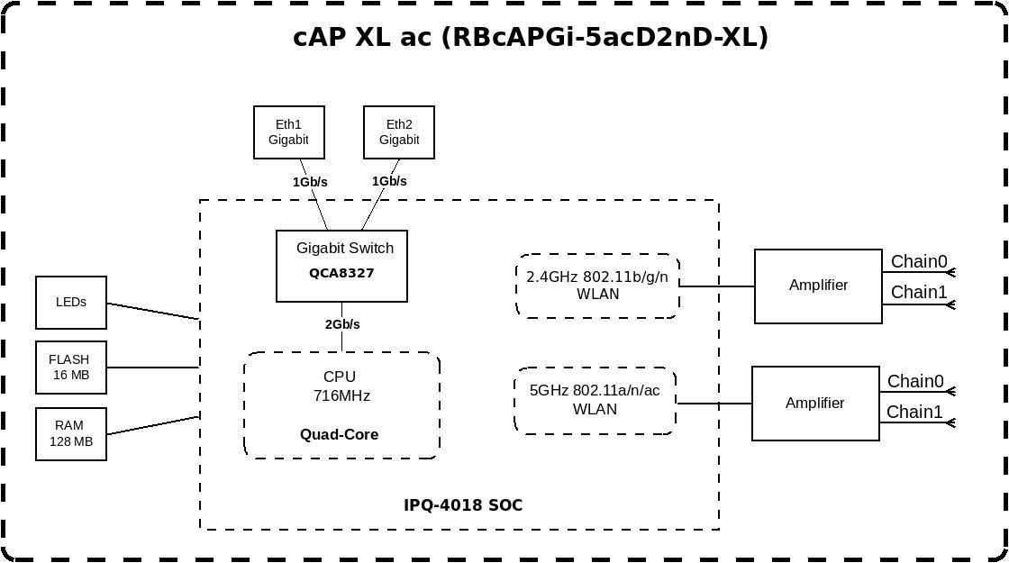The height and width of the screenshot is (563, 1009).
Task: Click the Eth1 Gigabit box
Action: click(x=288, y=132)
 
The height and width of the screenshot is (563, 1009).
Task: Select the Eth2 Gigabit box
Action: click(x=398, y=132)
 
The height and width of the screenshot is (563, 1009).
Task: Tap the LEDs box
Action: click(x=71, y=302)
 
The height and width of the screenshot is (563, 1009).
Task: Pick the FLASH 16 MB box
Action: click(x=71, y=367)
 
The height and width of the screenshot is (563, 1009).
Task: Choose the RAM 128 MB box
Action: click(x=71, y=433)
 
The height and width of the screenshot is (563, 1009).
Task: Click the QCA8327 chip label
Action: click(x=341, y=271)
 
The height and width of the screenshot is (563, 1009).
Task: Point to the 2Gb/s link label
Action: click(x=342, y=324)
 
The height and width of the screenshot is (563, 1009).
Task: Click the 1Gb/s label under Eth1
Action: click(x=310, y=182)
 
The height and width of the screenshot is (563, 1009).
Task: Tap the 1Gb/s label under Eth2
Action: click(x=389, y=181)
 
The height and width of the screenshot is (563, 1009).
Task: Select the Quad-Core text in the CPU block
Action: click(x=339, y=434)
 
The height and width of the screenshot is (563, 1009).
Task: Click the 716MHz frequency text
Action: click(x=341, y=395)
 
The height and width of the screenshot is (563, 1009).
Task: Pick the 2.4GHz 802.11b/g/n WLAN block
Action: click(x=597, y=285)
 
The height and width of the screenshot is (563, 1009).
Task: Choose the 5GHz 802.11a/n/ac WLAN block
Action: click(x=595, y=400)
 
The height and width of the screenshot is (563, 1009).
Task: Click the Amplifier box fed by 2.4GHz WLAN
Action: click(x=818, y=286)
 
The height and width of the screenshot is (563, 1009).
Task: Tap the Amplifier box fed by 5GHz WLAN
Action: click(x=814, y=403)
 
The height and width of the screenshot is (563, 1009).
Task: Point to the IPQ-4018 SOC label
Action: click(x=463, y=505)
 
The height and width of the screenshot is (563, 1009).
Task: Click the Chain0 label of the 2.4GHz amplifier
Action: click(x=919, y=262)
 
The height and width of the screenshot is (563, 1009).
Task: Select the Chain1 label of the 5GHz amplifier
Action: click(x=915, y=412)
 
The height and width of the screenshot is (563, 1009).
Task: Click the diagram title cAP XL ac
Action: click(x=531, y=37)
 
